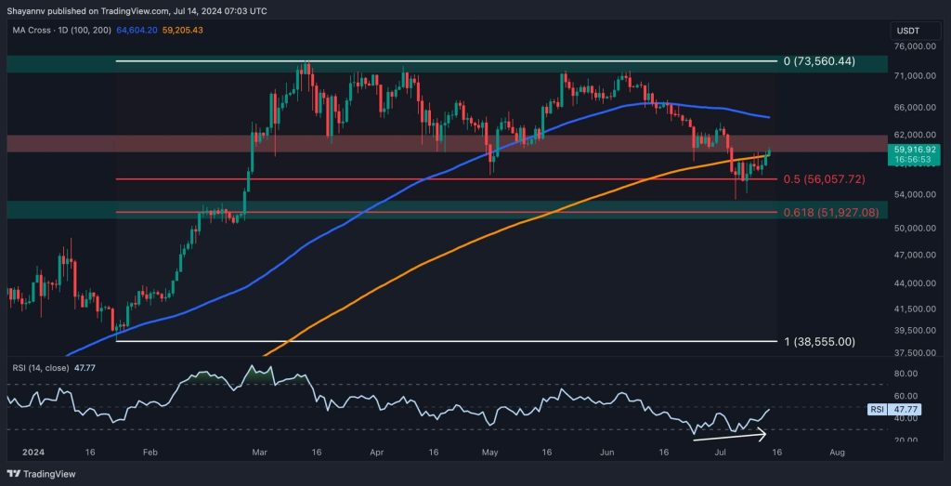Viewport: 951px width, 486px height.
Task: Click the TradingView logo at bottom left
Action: click(x=45, y=471)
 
